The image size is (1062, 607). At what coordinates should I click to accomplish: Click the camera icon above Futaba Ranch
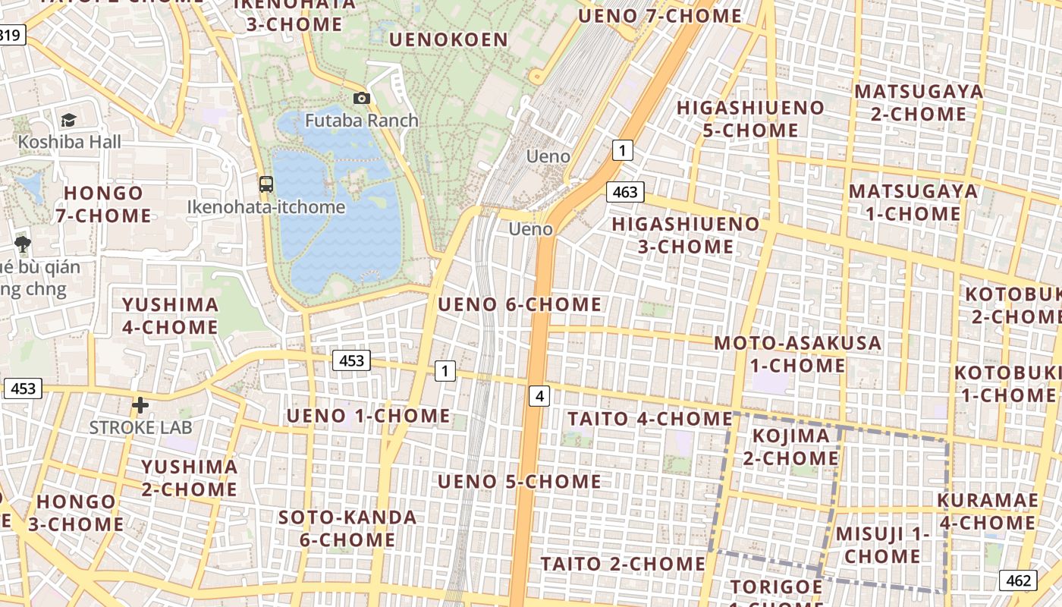(362, 98)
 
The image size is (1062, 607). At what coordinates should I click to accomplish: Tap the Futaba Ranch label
(362, 120)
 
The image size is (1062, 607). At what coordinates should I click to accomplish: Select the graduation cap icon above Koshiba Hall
(69, 120)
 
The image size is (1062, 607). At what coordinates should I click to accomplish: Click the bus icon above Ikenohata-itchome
(266, 184)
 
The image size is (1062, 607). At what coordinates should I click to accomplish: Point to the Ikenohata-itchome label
(266, 206)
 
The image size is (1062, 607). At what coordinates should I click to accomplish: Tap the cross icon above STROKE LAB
(140, 405)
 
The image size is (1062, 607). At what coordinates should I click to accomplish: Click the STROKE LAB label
(141, 426)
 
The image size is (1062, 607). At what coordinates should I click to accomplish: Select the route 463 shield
(625, 192)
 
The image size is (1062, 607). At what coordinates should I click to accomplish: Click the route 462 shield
(1018, 580)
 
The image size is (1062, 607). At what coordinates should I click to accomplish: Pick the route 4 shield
(539, 395)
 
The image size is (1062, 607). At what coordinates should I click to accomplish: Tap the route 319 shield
(11, 34)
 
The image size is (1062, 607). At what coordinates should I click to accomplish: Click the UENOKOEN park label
(448, 39)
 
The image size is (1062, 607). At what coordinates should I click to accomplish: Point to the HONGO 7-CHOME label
(103, 204)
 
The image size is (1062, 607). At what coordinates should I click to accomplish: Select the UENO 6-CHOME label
(520, 304)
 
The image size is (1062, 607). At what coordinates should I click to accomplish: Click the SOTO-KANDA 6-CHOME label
(347, 529)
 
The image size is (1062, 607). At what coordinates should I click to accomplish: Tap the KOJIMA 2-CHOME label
(790, 447)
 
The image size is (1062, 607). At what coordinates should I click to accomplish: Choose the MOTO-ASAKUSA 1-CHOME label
(798, 354)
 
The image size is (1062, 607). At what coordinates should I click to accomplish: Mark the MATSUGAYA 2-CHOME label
(919, 102)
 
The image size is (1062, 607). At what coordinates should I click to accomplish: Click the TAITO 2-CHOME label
(623, 563)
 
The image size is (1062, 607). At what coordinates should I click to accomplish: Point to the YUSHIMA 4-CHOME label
(171, 316)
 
